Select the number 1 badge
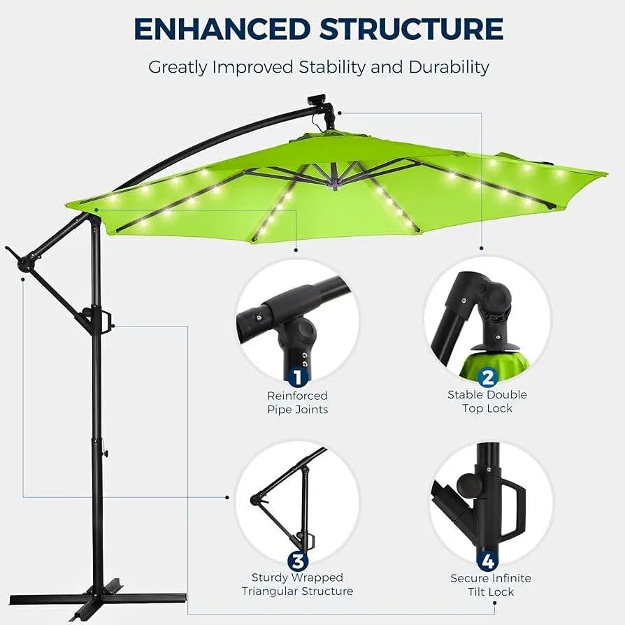coord(297,378)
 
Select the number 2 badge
coord(487,378)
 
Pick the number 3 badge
coord(297,561)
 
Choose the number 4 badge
coord(487,561)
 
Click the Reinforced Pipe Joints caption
coord(297,403)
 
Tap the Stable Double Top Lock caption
coord(487,401)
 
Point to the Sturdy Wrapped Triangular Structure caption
coord(297,584)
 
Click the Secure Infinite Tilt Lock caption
coord(490,585)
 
